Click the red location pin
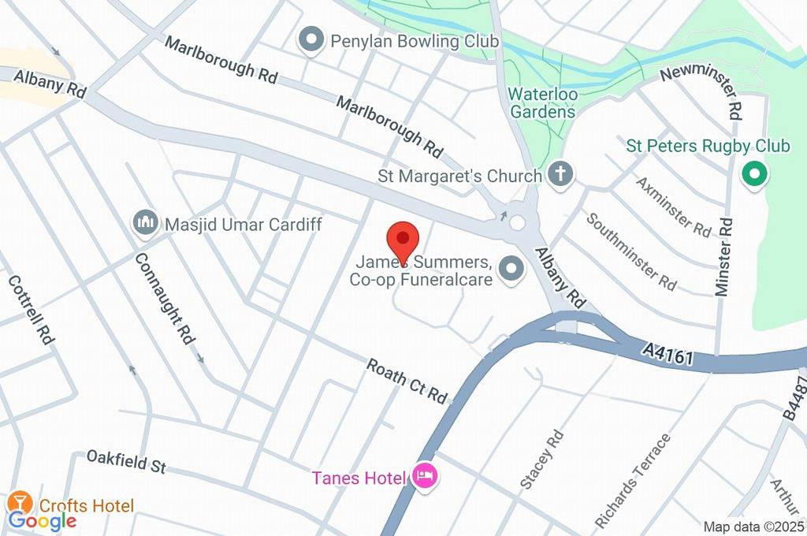(403, 239)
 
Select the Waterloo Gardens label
(542, 102)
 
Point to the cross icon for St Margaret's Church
(560, 175)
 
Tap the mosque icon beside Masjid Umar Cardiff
(145, 224)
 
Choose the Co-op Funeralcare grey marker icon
(513, 270)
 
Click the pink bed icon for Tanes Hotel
(424, 476)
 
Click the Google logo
(43, 521)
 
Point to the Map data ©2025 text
(754, 526)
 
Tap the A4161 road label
(667, 356)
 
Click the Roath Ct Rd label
(407, 380)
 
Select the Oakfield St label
(126, 461)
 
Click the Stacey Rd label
(542, 459)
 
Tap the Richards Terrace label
(633, 481)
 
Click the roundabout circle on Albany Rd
(517, 223)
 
